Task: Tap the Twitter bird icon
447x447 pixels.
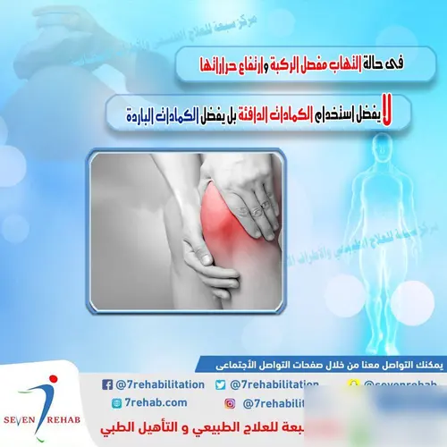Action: click(x=219, y=384)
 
